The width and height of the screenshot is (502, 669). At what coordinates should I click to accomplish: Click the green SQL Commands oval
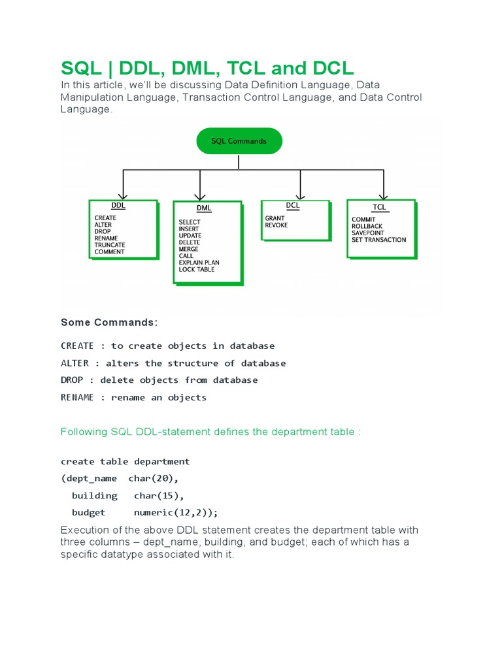[x=239, y=141]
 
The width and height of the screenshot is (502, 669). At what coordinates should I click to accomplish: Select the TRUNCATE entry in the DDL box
[x=109, y=245]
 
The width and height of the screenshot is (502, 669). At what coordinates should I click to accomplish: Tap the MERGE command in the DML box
[x=188, y=249]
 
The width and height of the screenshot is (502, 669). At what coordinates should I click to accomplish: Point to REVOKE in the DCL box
[x=276, y=225]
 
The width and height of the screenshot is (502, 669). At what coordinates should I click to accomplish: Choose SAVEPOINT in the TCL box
[x=367, y=233]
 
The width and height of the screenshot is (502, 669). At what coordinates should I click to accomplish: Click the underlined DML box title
[x=204, y=208]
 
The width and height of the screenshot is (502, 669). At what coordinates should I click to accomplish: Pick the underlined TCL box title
[x=379, y=207]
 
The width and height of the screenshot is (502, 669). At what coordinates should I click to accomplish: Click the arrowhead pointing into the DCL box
[x=300, y=197]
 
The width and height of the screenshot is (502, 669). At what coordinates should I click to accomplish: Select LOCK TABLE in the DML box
[x=196, y=269]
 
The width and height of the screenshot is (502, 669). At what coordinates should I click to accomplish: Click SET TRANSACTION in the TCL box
[x=378, y=240]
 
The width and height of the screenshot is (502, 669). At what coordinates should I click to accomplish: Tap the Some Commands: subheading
[x=109, y=323]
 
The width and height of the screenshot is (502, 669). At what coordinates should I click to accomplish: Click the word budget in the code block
[x=88, y=513]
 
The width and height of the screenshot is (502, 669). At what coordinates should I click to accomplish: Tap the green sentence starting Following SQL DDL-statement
[x=210, y=432]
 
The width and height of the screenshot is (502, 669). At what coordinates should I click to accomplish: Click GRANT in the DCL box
[x=275, y=218]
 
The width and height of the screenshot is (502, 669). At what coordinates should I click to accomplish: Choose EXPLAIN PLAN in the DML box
[x=199, y=263]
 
